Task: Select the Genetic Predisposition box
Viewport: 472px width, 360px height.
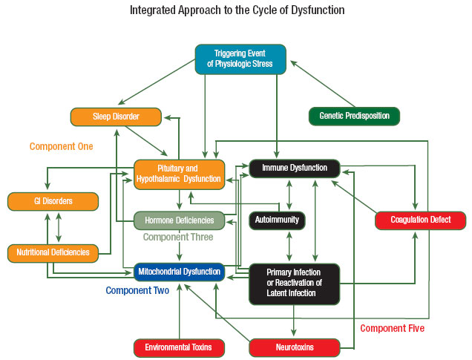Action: pyautogui.click(x=354, y=117)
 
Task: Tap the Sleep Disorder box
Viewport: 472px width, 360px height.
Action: pyautogui.click(x=116, y=117)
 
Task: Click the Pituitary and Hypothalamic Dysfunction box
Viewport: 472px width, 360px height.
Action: pyautogui.click(x=179, y=173)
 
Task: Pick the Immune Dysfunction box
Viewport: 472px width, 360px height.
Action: pyautogui.click(x=294, y=168)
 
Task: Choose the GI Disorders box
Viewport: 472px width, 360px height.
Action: pyautogui.click(x=53, y=200)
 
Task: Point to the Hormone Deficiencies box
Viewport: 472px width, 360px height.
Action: pyautogui.click(x=179, y=220)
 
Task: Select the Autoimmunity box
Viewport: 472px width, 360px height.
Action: pyautogui.click(x=277, y=220)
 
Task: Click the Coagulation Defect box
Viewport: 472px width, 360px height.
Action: pyautogui.click(x=419, y=220)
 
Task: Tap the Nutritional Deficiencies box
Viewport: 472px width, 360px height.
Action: pyautogui.click(x=53, y=252)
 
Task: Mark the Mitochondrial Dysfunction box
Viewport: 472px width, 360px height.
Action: pyautogui.click(x=179, y=271)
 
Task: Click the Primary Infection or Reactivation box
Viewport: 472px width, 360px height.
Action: pyautogui.click(x=294, y=283)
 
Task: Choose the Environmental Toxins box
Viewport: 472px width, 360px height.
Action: pyautogui.click(x=179, y=347)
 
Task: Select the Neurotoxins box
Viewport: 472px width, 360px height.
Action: pyautogui.click(x=294, y=347)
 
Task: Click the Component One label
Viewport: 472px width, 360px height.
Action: pyautogui.click(x=62, y=146)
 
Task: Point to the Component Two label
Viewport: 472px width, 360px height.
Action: pyautogui.click(x=137, y=290)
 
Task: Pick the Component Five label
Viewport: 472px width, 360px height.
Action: pyautogui.click(x=393, y=327)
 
